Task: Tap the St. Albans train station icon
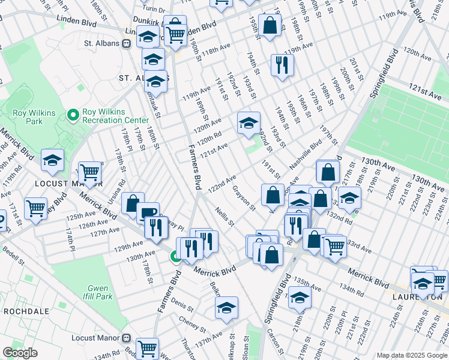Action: click(127, 43)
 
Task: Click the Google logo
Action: click(20, 353)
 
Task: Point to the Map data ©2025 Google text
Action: click(412, 355)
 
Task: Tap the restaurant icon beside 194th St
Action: click(282, 64)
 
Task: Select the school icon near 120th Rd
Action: click(248, 122)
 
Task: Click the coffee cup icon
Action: click(148, 212)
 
